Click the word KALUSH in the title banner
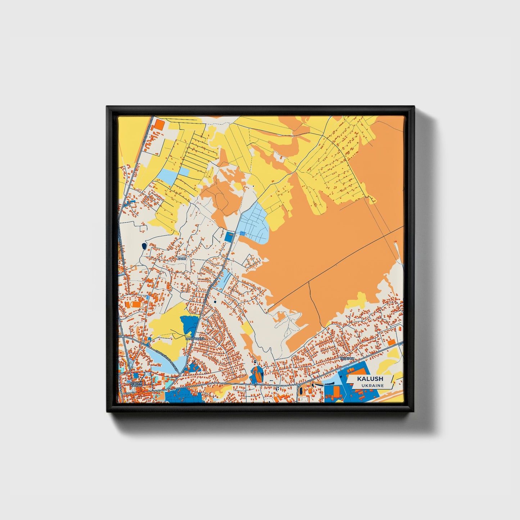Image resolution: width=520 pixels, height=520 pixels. coord(370,379)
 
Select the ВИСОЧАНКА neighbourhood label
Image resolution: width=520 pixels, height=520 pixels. coord(195,339)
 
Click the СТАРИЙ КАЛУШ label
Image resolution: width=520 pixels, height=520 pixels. coord(136,385)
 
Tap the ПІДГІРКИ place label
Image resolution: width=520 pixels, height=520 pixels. coord(347,359)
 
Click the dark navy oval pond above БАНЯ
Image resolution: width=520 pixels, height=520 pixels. coord(144,246)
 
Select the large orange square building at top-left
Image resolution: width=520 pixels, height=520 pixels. coord(159,125)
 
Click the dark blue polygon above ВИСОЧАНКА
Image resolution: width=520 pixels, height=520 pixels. coord(189,324)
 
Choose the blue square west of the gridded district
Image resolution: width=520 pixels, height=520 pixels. coord(229,237)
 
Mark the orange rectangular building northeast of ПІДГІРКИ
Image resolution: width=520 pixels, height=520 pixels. coord(391,342)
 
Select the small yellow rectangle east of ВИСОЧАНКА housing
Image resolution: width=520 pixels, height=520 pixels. coord(247,329)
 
